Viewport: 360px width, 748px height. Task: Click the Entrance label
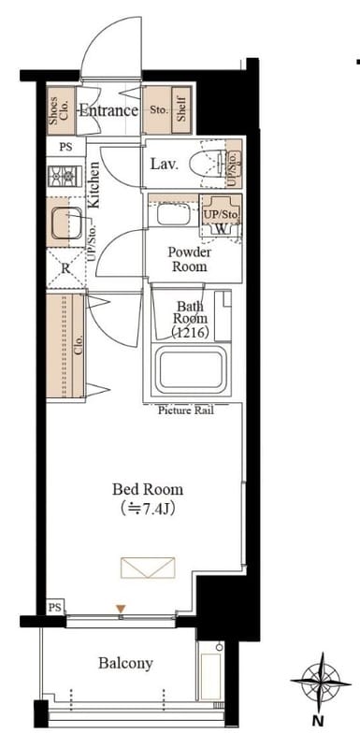(x=108, y=111)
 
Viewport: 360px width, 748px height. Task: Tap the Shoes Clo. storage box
(x=61, y=110)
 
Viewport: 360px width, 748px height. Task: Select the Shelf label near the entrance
(x=181, y=110)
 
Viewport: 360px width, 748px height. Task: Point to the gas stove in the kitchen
(x=62, y=176)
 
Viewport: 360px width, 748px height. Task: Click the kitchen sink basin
(x=66, y=223)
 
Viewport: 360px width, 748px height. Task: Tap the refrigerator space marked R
(x=65, y=267)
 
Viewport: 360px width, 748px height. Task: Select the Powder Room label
(x=189, y=259)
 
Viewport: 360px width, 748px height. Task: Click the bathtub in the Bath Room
(x=191, y=369)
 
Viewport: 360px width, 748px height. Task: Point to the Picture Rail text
(x=186, y=410)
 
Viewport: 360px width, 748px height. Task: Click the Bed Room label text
(x=148, y=489)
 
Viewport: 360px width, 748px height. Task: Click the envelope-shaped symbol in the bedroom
(x=148, y=568)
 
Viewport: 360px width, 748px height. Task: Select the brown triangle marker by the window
(x=122, y=609)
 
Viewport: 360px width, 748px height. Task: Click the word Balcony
(x=126, y=663)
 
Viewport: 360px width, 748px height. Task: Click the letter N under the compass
(x=320, y=720)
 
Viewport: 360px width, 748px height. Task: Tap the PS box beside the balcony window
(x=55, y=607)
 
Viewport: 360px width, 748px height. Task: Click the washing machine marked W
(x=221, y=215)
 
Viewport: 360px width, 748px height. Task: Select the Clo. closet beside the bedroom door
(x=65, y=345)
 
